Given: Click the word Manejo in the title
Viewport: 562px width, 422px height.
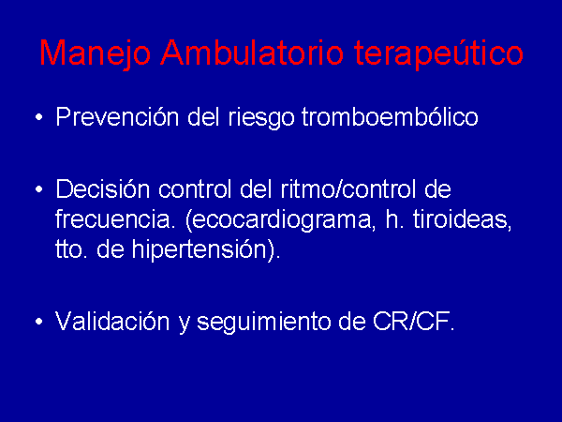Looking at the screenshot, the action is pyautogui.click(x=95, y=53).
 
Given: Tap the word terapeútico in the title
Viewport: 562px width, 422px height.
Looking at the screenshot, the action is pyautogui.click(x=438, y=53).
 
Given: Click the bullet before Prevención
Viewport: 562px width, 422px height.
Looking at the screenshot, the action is pyautogui.click(x=39, y=116).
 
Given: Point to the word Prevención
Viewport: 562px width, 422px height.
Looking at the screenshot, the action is pyautogui.click(x=117, y=116).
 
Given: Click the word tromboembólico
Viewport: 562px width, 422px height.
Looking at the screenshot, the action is pyautogui.click(x=391, y=116).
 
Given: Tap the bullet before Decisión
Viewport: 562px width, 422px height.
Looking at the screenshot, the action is pyautogui.click(x=39, y=188).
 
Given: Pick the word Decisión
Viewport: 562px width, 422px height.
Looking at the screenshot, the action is pyautogui.click(x=103, y=188).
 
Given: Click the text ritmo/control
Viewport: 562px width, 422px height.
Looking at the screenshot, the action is pyautogui.click(x=348, y=188).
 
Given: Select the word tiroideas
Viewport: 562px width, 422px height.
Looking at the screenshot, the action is pyautogui.click(x=462, y=219).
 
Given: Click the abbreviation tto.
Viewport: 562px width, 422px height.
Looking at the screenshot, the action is pyautogui.click(x=72, y=249).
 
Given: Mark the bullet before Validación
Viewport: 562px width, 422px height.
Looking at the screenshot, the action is pyautogui.click(x=39, y=321).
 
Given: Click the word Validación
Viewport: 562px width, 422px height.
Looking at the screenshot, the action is pyautogui.click(x=112, y=321).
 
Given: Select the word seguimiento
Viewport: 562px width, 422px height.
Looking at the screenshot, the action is pyautogui.click(x=263, y=323).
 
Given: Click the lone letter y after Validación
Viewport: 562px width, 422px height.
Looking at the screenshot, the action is pyautogui.click(x=184, y=324).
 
